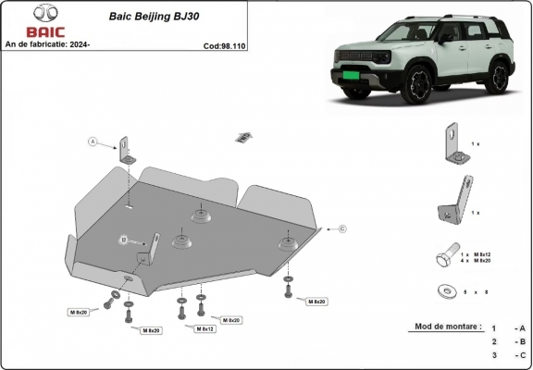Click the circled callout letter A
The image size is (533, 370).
(x=93, y=142)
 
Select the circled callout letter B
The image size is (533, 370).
(x=122, y=240)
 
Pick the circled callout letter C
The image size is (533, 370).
(x=341, y=228)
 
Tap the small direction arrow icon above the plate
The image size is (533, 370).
(x=243, y=138)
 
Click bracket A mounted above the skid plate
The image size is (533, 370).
(x=126, y=151)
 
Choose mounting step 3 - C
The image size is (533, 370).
(x=508, y=354)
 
